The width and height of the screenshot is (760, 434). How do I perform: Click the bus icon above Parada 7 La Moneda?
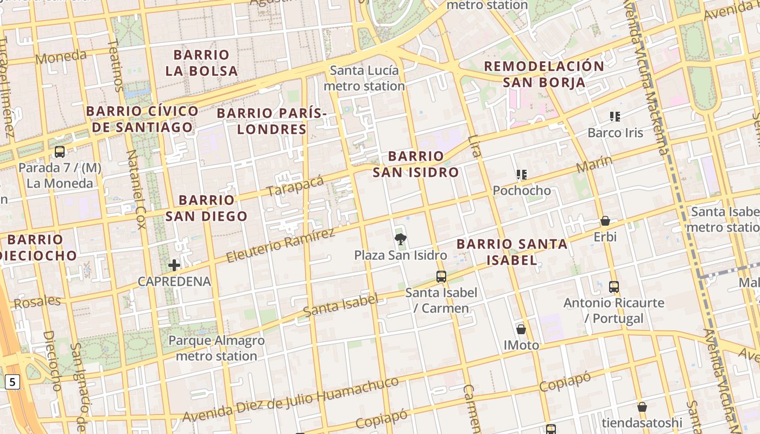coord(60,152)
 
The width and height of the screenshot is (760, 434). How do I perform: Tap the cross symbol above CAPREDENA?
coord(174,265)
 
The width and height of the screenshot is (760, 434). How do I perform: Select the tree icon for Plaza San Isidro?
coord(401,239)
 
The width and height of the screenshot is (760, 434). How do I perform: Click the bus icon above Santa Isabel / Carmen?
coord(441,277)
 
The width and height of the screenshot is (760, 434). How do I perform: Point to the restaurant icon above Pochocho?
coord(522,175)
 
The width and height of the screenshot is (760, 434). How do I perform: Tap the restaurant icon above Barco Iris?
coord(615,117)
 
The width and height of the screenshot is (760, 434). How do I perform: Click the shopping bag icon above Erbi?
coord(605,221)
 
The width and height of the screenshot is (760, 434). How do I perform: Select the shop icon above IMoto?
coord(521,329)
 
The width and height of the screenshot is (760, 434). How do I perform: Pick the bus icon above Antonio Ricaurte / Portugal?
coord(614,286)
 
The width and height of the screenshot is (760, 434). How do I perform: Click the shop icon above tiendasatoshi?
coord(642,407)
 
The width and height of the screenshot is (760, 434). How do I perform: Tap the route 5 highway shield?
coord(12,382)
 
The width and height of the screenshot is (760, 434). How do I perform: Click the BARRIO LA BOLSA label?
coord(201,63)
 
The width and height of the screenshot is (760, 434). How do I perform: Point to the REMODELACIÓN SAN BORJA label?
coord(543,74)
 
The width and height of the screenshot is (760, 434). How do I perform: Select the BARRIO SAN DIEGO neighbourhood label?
coord(206,208)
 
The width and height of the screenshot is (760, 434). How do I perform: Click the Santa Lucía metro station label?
coord(364,78)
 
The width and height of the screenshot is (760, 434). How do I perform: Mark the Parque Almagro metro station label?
coord(217,348)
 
